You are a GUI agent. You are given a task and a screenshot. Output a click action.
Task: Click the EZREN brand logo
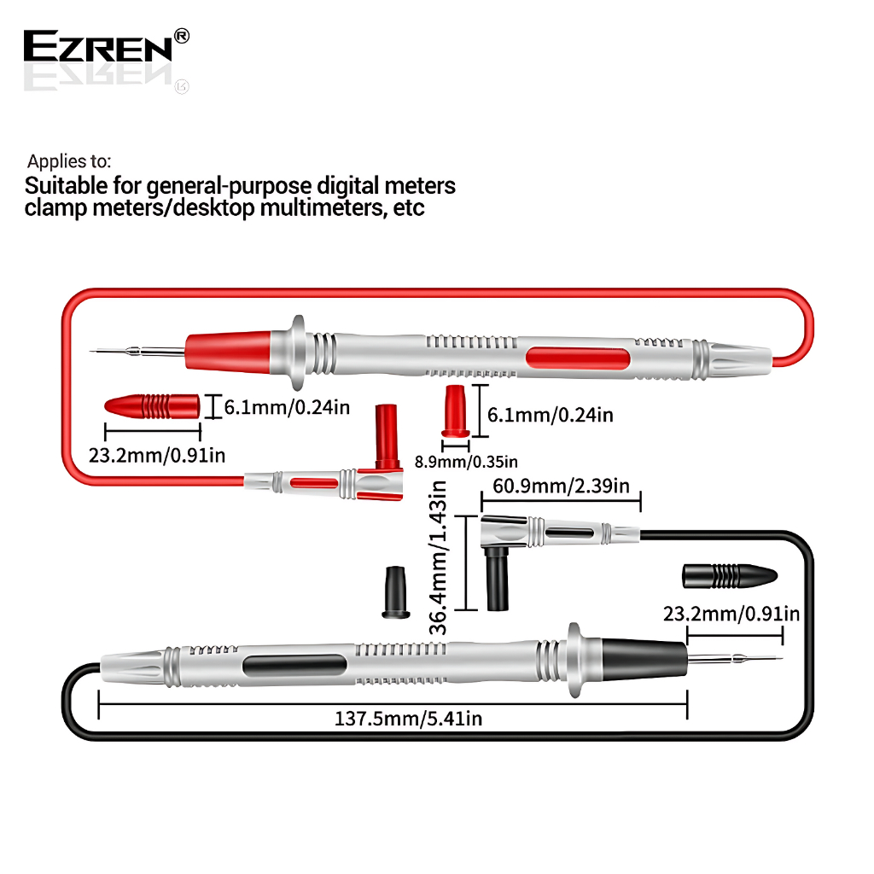point(98,46)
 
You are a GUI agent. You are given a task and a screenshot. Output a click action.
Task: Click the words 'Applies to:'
point(69,160)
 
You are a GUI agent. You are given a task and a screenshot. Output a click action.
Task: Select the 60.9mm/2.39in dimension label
point(556,487)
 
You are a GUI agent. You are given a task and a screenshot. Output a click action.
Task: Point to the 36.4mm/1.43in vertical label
point(438,556)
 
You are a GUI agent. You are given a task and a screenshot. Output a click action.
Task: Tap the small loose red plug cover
point(456,411)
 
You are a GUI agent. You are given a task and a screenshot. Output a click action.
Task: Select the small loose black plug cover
point(393,590)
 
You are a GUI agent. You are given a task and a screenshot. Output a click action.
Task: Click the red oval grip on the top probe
point(579,359)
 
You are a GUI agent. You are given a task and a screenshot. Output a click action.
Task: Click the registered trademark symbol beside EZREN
point(181,36)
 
